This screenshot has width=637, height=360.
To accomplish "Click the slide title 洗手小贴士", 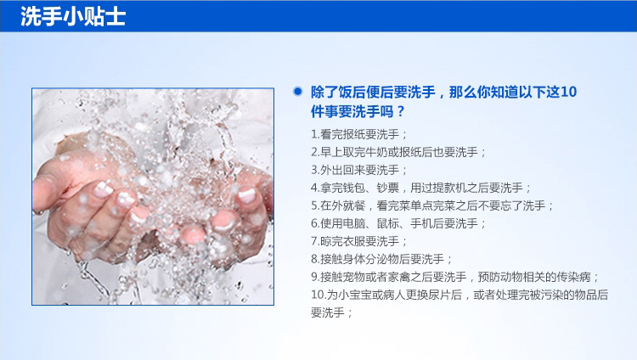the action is point(73,17).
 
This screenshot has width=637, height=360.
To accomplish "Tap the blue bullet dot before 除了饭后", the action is point(298,92).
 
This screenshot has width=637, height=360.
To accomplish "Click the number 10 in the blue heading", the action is point(568,93).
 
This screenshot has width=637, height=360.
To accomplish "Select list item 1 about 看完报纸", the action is point(358,134).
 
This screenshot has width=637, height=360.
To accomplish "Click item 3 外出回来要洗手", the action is point(358,170).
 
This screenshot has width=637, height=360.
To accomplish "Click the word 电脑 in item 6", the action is point(354,223).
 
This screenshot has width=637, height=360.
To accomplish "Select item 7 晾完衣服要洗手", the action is point(358,241).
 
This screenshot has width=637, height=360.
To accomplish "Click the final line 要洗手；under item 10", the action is point(331,312).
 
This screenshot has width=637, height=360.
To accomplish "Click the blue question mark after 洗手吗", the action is point(401,111).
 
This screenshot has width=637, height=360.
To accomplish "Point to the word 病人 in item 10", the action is point(394,295).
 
